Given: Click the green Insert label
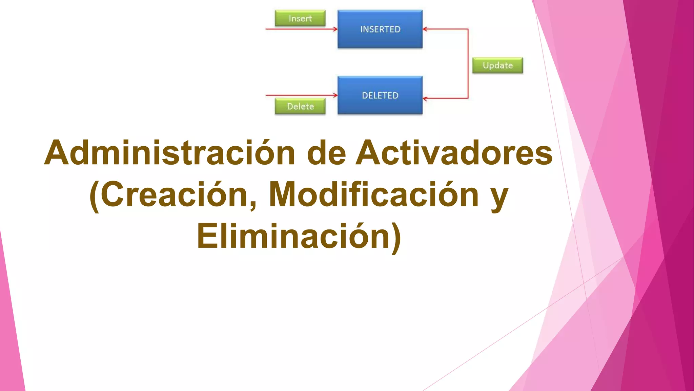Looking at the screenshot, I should [x=300, y=18].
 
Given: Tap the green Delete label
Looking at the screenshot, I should [x=300, y=106].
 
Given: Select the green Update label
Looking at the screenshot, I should [x=497, y=65].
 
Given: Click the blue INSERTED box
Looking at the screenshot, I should [x=380, y=29].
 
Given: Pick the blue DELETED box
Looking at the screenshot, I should [x=380, y=95].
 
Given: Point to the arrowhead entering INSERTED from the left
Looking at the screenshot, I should [x=335, y=29].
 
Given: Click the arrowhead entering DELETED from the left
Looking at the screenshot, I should [x=335, y=95].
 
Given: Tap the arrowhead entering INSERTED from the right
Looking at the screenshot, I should [x=425, y=29].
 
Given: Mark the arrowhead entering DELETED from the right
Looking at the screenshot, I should [x=425, y=99].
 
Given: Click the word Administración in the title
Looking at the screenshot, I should [x=169, y=153].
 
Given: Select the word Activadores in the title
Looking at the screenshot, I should [x=454, y=153].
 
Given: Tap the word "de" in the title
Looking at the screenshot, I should [x=326, y=153].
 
